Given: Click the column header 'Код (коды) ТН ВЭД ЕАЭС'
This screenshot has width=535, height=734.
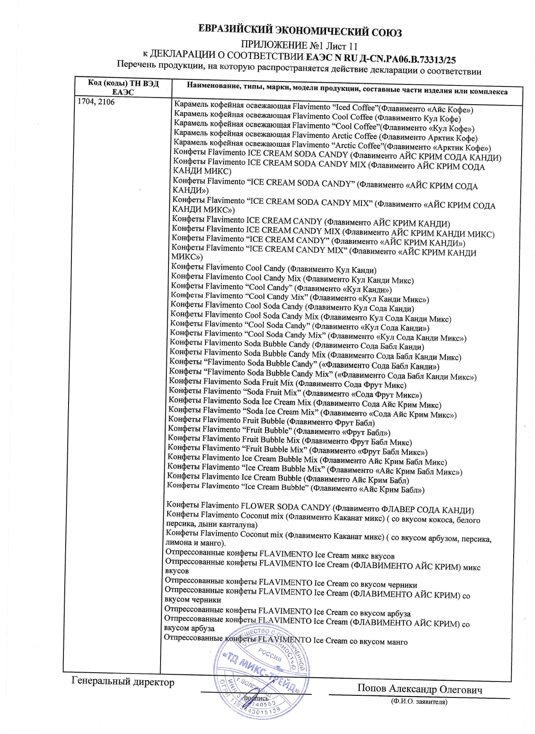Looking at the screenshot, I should pyautogui.click(x=123, y=87).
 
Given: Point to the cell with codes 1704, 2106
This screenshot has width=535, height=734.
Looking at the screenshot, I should pyautogui.click(x=97, y=102).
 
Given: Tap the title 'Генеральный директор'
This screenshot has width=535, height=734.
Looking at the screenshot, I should pyautogui.click(x=123, y=682).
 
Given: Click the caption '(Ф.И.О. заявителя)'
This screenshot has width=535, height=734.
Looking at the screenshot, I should pyautogui.click(x=419, y=701).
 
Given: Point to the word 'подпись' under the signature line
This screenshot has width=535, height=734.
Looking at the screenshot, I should pyautogui.click(x=256, y=698).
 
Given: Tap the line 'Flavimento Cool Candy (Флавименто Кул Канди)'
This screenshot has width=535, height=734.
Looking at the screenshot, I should pyautogui.click(x=274, y=269).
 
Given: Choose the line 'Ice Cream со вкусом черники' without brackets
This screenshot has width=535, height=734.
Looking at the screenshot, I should pyautogui.click(x=291, y=584).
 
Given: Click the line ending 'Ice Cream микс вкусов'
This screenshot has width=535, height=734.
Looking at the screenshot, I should pyautogui.click(x=280, y=555).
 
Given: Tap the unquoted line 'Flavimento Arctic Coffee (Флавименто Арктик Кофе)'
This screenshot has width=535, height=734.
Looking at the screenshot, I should pyautogui.click(x=325, y=137).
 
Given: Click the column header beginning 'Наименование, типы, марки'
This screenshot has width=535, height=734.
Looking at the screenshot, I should pyautogui.click(x=347, y=90).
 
